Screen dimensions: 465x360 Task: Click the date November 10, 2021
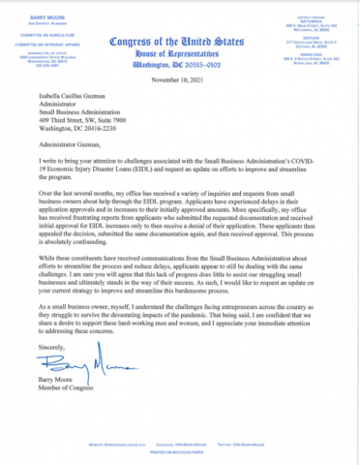[180, 84]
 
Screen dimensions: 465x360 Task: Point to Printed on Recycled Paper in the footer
[180, 449]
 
